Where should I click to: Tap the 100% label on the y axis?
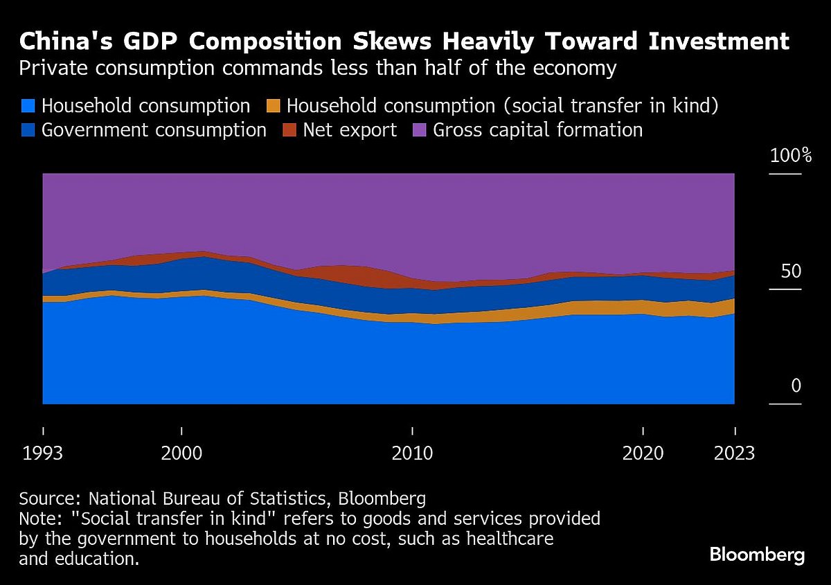coord(791,156)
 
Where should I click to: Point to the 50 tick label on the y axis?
coord(791,271)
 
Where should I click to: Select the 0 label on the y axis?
coord(796,386)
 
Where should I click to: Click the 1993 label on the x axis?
coord(43,453)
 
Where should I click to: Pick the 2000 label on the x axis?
coord(181,453)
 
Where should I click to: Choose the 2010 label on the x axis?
coord(412,453)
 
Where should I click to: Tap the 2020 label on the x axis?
coord(643,453)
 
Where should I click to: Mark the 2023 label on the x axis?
coord(734,453)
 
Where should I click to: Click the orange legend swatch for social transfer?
coord(274,106)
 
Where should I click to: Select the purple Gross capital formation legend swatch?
coord(420,129)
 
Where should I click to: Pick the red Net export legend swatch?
coord(289,129)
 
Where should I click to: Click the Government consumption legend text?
coord(154,129)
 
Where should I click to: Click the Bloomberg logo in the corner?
coord(757,555)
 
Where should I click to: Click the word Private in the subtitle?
coord(46,68)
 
